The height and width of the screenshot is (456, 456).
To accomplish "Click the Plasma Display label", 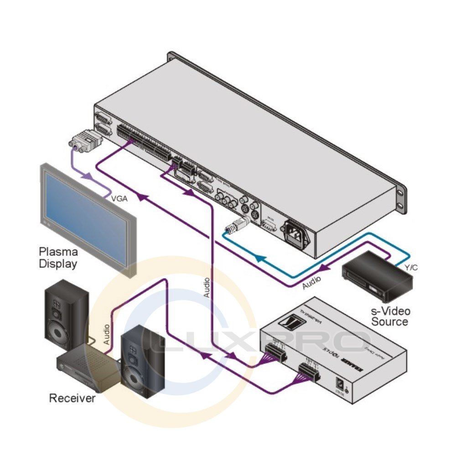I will tap(58, 257).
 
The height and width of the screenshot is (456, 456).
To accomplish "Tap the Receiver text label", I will tap(72, 398).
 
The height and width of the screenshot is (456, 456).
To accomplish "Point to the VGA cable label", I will tap(120, 199).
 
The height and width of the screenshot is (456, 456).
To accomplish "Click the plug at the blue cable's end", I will tap(237, 224).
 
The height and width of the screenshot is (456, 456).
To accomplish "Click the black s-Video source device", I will tap(377, 276).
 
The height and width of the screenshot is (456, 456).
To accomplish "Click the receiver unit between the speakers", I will tap(87, 365).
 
